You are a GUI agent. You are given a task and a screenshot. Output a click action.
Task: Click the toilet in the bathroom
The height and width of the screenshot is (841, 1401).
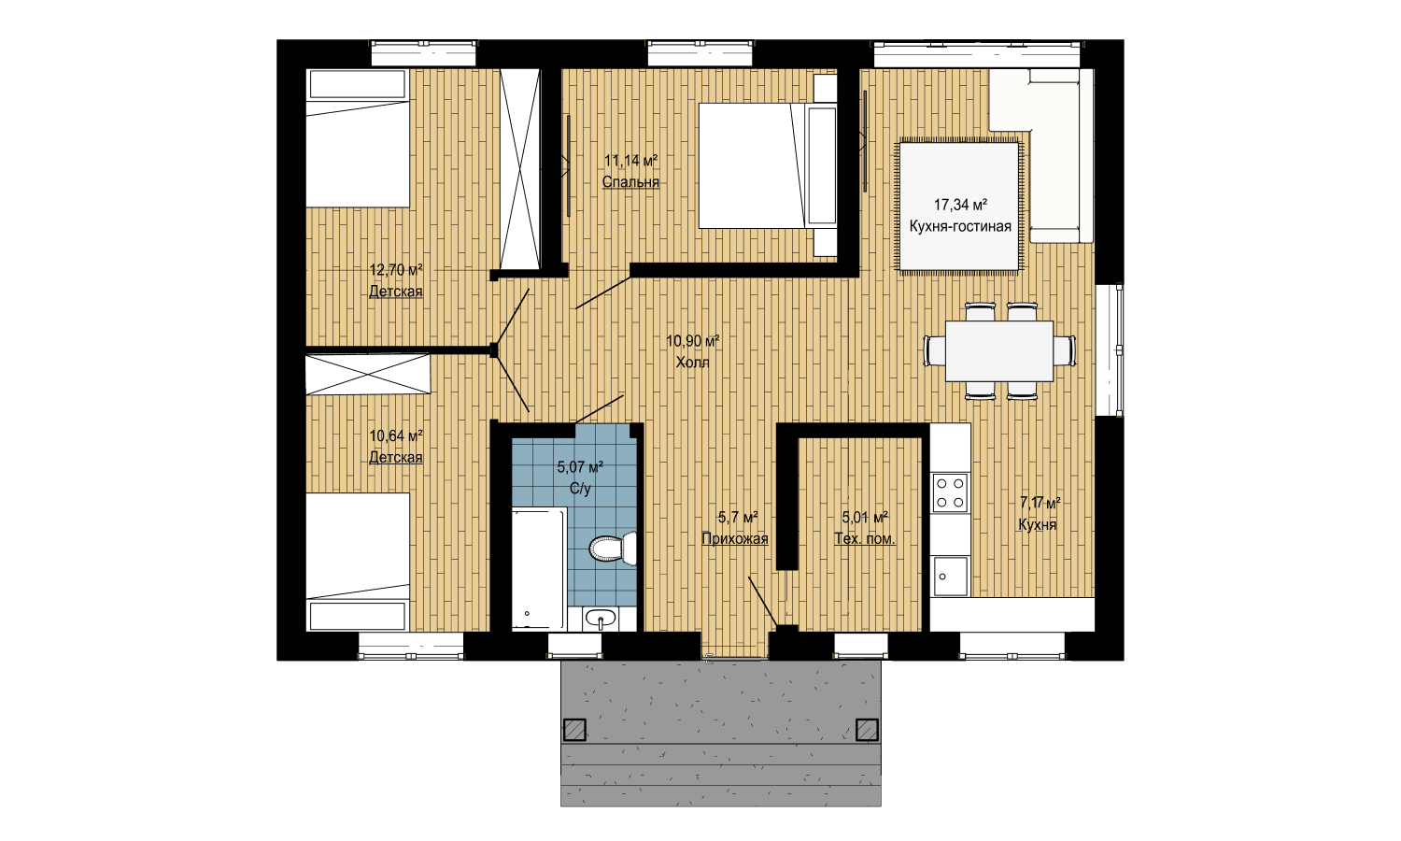(x=613, y=549)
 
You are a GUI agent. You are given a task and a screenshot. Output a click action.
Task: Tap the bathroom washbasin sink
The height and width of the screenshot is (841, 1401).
(x=601, y=619)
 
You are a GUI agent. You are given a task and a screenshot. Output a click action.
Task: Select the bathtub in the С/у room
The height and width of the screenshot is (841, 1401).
(x=539, y=568)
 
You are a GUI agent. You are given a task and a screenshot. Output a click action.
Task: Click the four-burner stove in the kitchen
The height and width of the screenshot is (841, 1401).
(x=950, y=492)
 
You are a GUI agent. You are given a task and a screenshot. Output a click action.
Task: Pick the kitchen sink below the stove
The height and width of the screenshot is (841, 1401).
(x=950, y=577)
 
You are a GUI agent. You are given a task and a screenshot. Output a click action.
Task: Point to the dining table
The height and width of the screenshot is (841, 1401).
(x=998, y=351)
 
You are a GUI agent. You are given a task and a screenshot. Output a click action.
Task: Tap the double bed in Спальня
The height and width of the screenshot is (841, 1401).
(x=768, y=165)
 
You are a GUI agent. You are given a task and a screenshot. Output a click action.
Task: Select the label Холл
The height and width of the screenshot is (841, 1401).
(x=692, y=363)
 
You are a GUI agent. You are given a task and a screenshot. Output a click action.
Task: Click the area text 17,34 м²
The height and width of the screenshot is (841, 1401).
(x=961, y=205)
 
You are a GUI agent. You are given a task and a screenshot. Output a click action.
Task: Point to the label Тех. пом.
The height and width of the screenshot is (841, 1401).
(x=864, y=539)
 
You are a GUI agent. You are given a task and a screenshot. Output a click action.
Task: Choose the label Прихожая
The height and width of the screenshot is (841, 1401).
(x=734, y=539)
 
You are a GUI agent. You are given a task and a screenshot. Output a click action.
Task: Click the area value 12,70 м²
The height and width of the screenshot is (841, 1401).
(x=396, y=270)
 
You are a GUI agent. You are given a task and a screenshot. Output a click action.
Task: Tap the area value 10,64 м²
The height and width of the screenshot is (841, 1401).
(x=396, y=435)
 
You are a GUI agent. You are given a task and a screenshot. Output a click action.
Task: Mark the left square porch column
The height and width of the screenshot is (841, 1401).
(x=574, y=730)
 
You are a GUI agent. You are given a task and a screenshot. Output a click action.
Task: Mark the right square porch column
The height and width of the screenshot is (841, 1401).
(x=867, y=730)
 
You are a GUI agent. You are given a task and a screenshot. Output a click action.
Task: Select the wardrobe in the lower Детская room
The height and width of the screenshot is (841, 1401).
(x=368, y=374)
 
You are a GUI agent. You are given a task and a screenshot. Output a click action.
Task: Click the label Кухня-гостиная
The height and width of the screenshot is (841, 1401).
(x=960, y=226)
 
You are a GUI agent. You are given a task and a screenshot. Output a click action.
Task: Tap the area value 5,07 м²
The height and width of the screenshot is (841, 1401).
(x=580, y=467)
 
